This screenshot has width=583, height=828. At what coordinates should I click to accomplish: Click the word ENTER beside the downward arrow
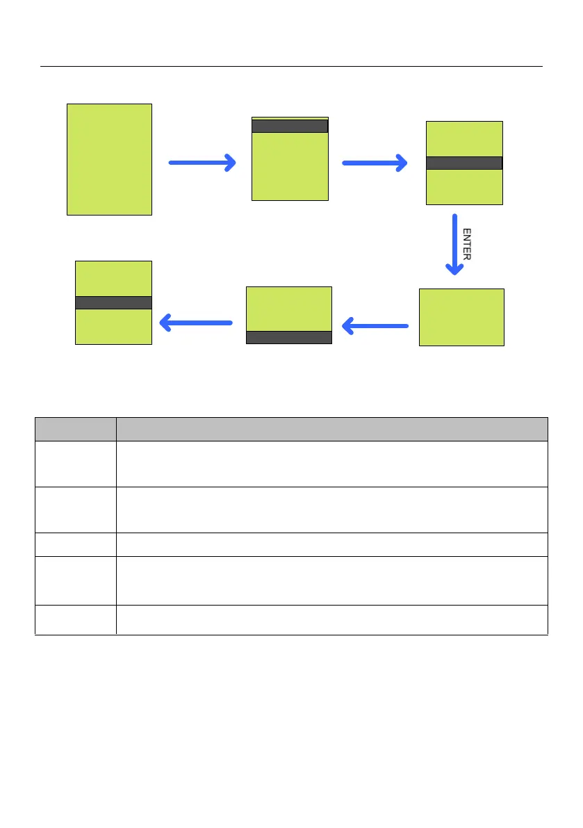(467, 244)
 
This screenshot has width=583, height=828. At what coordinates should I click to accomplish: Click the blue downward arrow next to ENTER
(454, 244)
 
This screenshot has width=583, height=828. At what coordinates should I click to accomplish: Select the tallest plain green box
(109, 159)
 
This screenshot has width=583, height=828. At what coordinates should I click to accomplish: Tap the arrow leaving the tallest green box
(202, 163)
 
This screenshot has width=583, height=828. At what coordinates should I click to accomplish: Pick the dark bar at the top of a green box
(289, 126)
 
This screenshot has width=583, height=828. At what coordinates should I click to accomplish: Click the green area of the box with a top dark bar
(289, 167)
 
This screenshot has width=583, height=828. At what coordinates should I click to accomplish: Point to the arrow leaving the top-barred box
(375, 163)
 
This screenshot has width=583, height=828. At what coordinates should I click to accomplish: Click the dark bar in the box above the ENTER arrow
(463, 163)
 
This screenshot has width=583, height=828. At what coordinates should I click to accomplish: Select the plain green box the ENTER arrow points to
(461, 317)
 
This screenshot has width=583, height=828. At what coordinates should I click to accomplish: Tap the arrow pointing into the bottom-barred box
(375, 325)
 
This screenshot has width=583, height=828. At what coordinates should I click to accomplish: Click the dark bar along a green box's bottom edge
(289, 337)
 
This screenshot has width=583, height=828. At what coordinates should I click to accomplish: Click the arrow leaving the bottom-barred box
(195, 323)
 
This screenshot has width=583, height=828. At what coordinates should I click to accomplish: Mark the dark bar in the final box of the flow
(113, 302)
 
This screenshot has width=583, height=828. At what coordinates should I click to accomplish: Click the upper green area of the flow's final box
(113, 278)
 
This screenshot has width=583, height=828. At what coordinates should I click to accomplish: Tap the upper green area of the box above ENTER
(463, 138)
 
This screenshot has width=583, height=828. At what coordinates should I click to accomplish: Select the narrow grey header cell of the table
(75, 429)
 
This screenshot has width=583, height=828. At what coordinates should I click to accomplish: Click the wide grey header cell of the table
(331, 429)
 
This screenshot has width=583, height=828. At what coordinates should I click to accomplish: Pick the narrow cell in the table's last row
(75, 619)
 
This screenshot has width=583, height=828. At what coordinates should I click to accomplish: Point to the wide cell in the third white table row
(331, 544)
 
